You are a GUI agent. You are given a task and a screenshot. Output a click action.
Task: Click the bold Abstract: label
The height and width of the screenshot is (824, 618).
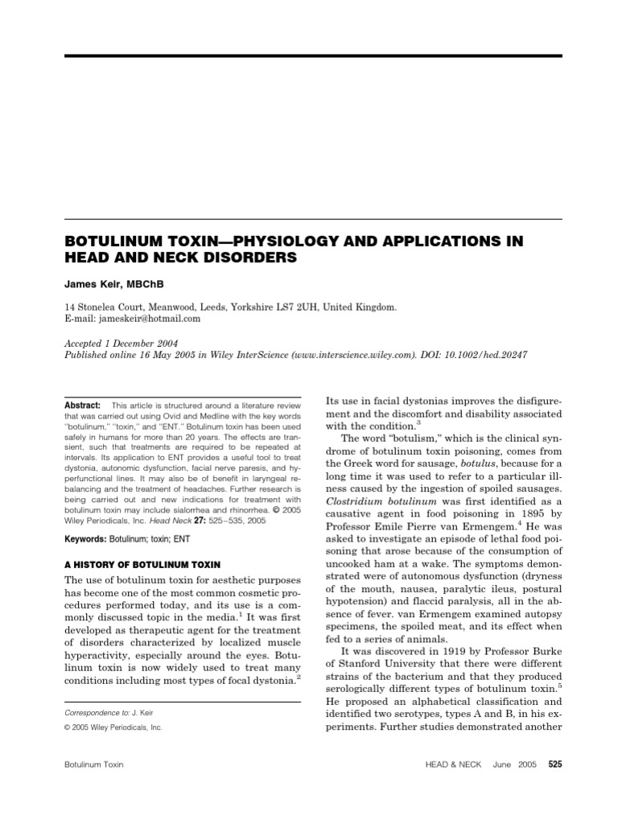point(82,406)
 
